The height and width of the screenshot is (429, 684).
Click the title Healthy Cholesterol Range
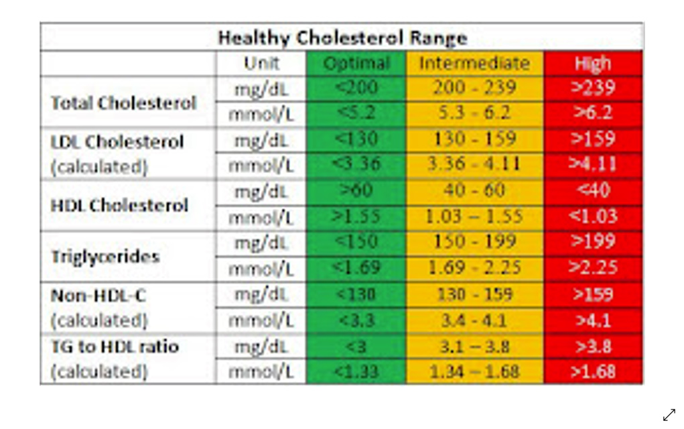coord(342,38)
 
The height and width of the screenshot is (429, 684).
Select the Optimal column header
coord(356,64)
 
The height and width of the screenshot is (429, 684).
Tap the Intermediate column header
coord(474,64)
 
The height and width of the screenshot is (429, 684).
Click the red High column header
coord(593,64)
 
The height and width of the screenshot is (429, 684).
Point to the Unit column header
coord(261,64)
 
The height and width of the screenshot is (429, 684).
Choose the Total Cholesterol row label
coord(124,103)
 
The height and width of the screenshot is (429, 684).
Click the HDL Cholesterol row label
coord(120,206)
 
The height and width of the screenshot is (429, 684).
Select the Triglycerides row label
coord(105,257)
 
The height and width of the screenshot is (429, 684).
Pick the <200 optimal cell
coord(356,88)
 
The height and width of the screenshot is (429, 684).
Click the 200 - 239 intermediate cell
coord(474,88)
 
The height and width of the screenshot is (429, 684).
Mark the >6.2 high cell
coord(593,113)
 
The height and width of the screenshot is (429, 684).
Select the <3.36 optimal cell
coord(356,164)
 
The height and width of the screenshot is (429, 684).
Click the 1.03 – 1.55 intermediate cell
coord(474,217)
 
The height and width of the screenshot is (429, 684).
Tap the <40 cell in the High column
coord(593,190)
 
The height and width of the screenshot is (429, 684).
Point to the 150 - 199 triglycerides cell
coord(474,241)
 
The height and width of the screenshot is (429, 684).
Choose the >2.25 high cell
coord(593,268)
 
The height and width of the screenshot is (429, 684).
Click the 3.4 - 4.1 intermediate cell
coord(474,320)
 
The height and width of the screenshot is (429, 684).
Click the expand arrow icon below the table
coord(669,415)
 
